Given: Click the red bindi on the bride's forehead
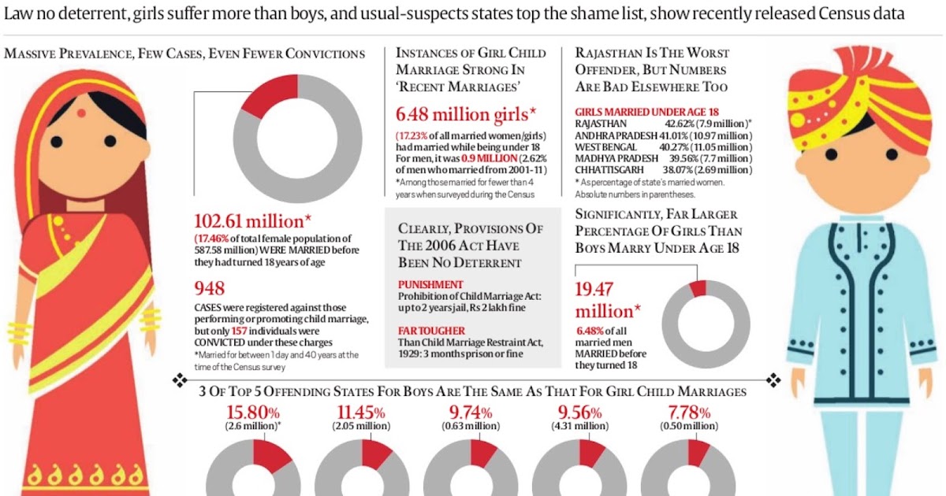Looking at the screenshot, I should pos(80,113).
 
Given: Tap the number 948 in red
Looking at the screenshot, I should pos(210,288).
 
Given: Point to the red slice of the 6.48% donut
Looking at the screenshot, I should pos(697,288).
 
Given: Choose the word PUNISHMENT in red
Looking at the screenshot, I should pos(430,284).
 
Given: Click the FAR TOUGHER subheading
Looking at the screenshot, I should pos(432,330).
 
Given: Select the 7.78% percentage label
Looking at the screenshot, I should pos(688,412).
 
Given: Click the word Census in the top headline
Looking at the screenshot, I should pos(842,15).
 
